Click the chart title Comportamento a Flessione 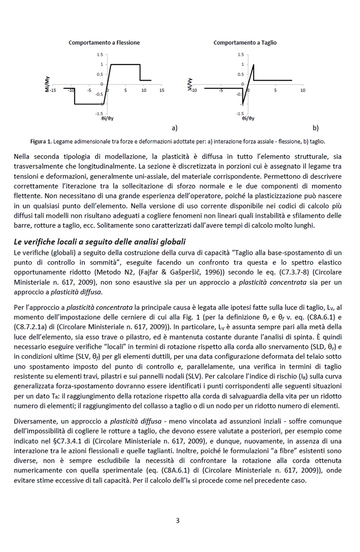point(104,43)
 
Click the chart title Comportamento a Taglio point(245,43)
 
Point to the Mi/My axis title point(47,84)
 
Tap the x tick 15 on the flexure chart point(162,90)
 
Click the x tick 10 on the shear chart point(302,90)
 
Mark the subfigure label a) point(174,128)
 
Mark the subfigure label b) point(315,128)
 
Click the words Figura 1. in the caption point(41,142)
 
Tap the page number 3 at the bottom point(178,520)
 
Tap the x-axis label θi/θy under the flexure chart point(107,119)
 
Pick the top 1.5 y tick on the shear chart point(240,55)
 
